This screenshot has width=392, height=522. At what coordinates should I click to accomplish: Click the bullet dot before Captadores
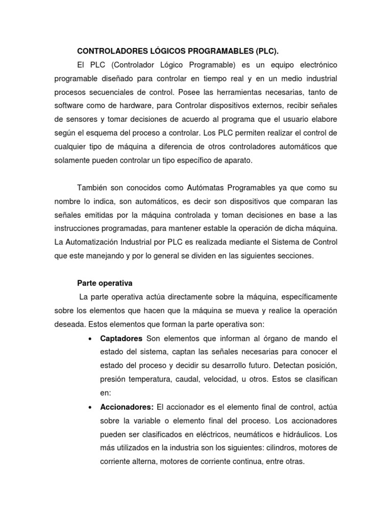89,338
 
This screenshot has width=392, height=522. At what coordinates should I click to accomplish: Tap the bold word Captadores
121,338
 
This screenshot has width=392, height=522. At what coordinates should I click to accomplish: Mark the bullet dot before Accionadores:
89,407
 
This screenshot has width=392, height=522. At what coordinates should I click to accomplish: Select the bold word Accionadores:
127,407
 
